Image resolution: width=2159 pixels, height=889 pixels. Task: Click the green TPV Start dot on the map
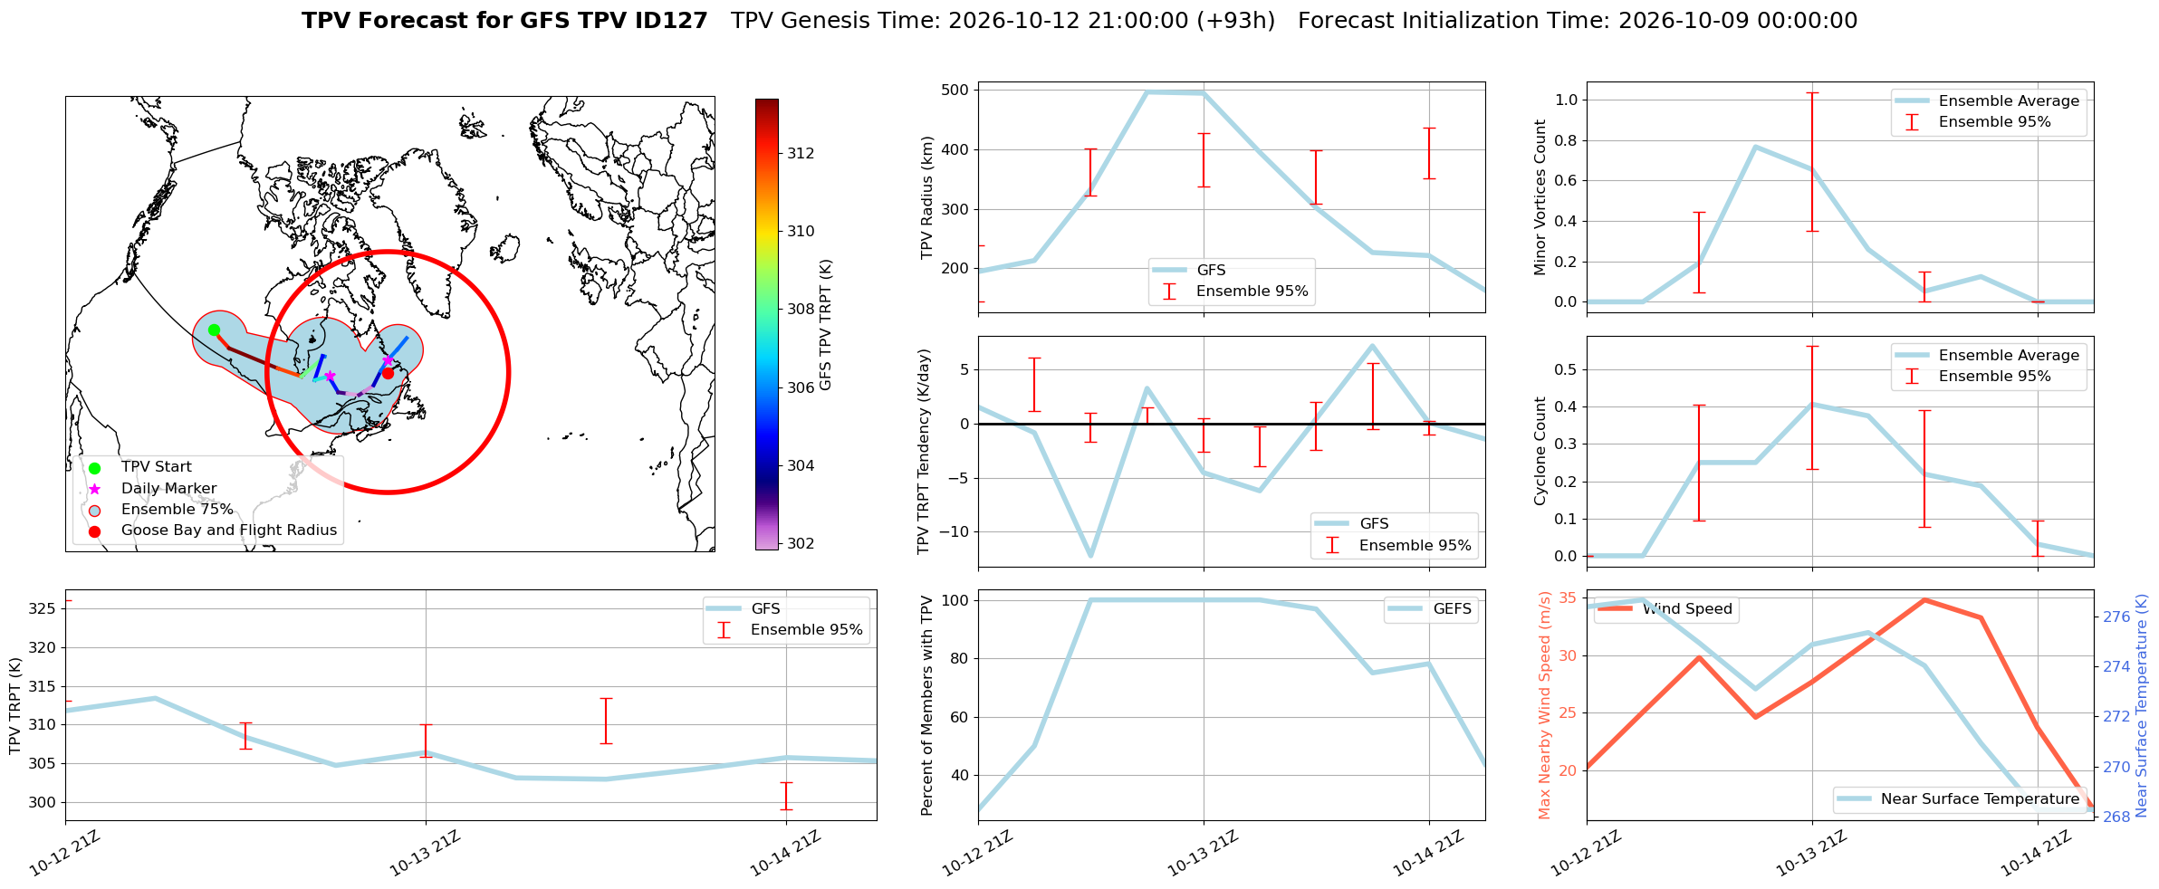(x=214, y=330)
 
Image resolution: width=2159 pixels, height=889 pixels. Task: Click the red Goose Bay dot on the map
(x=388, y=373)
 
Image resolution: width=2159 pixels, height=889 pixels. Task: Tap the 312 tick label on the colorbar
(x=801, y=153)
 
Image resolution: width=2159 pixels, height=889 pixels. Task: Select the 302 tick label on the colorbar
(x=801, y=543)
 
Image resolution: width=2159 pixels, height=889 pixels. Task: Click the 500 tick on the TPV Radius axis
(x=955, y=90)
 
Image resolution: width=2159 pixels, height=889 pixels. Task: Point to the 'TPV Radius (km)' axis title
(x=926, y=197)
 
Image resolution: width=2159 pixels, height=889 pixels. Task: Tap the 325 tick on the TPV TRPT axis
(x=43, y=608)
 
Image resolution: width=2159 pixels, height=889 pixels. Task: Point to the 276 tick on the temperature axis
(x=2116, y=617)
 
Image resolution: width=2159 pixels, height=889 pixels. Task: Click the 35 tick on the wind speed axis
(x=1568, y=597)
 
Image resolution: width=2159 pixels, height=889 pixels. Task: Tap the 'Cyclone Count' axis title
(x=1540, y=451)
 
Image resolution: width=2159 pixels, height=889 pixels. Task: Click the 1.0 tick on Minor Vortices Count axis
(x=1566, y=100)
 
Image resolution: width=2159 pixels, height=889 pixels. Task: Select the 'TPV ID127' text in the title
(x=650, y=21)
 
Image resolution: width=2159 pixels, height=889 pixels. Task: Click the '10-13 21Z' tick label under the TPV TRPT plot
(x=425, y=854)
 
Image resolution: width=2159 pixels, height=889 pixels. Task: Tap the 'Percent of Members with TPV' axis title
(x=926, y=705)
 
